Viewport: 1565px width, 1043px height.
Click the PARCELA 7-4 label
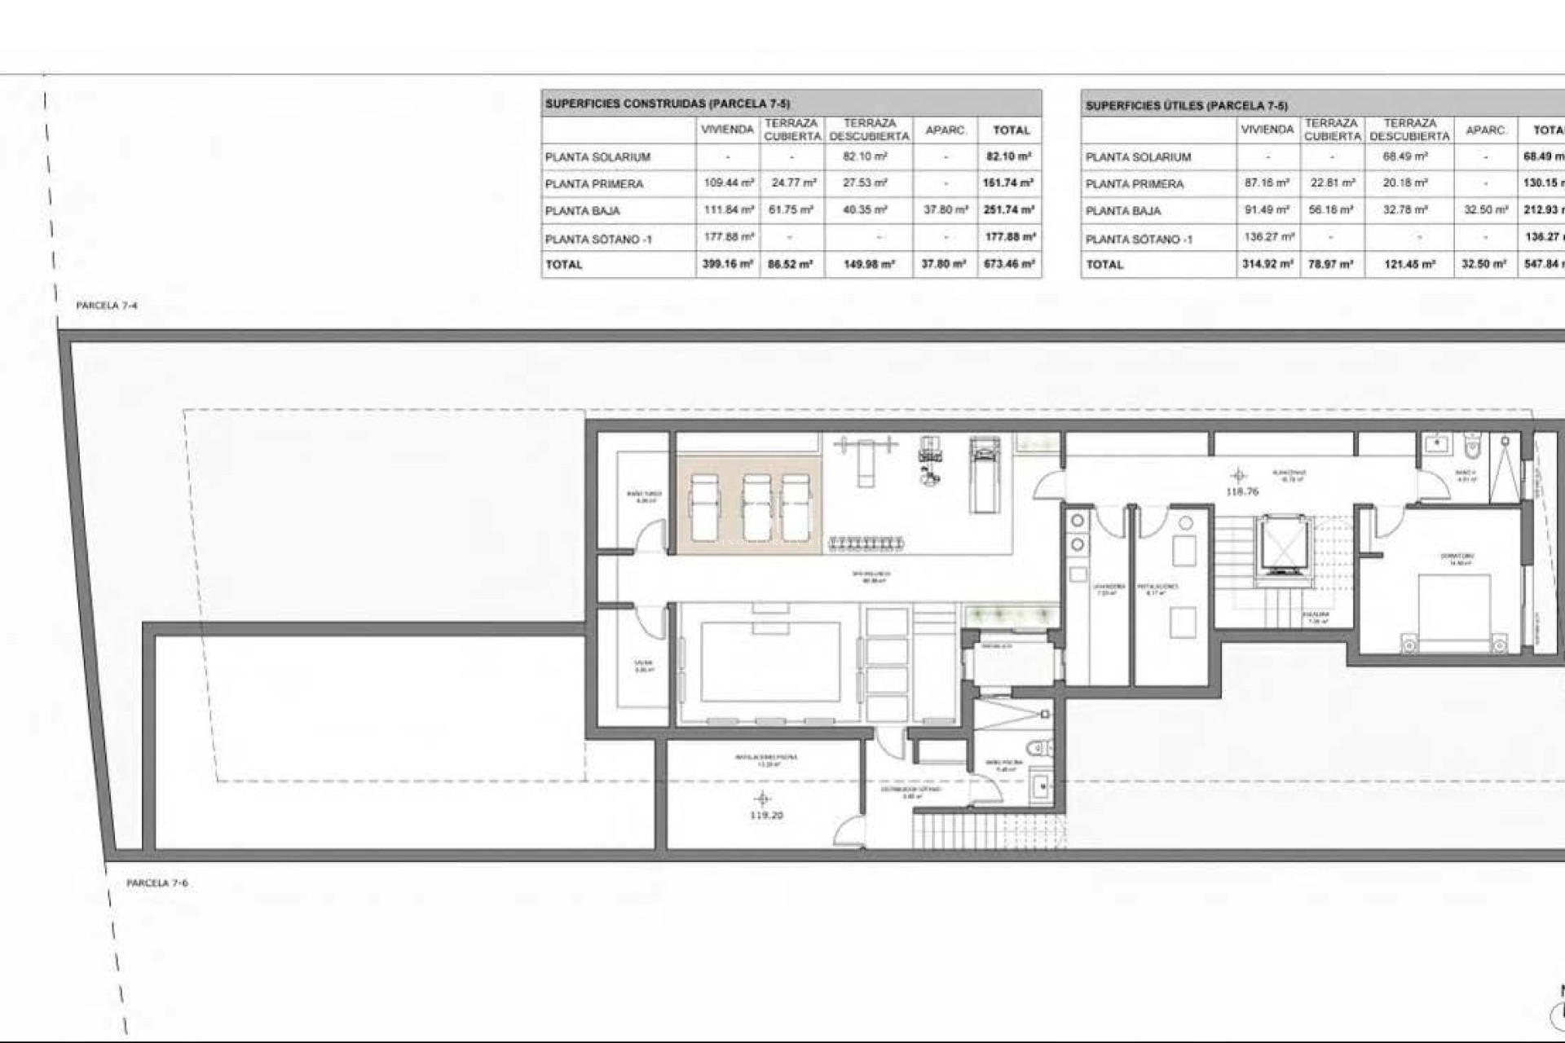(106, 306)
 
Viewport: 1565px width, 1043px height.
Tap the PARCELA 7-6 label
(156, 882)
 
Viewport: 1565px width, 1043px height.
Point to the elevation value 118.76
(1241, 491)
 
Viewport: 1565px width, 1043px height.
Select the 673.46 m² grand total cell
(1009, 264)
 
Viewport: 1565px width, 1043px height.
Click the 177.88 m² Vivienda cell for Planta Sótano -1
(727, 237)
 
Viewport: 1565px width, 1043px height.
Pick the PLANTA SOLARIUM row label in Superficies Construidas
(597, 156)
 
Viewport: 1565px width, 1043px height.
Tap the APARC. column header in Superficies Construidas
(946, 130)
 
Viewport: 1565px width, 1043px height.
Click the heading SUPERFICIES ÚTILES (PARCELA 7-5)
(1186, 106)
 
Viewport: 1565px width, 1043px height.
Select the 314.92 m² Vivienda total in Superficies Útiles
(1267, 264)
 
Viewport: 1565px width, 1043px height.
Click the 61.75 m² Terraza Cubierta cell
(791, 209)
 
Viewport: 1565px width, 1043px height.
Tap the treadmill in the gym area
(984, 474)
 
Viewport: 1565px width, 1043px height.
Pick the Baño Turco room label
(644, 496)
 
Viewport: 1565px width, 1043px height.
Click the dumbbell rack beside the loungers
(866, 543)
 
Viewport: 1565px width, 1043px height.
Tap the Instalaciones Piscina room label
(765, 759)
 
